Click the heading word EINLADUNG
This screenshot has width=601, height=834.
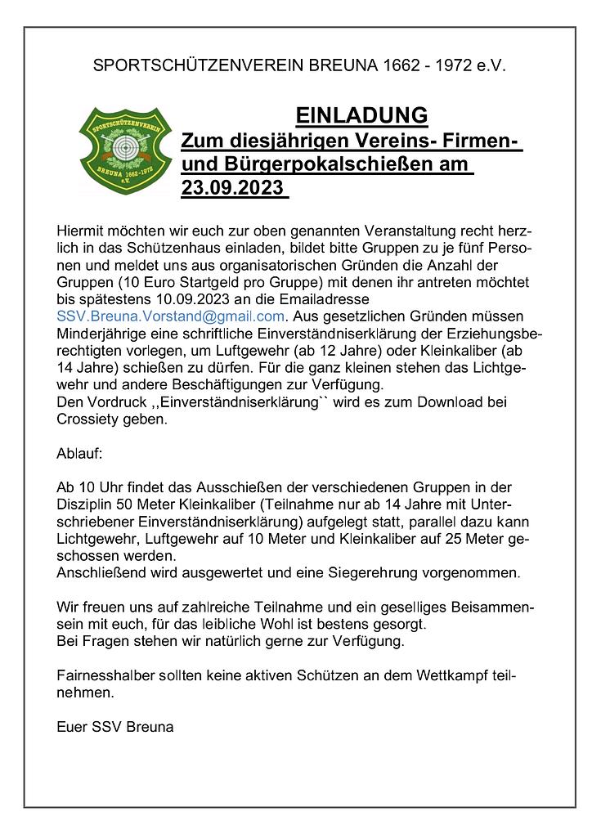coord(361,114)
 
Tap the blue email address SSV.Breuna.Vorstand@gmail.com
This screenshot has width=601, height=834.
coord(170,316)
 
